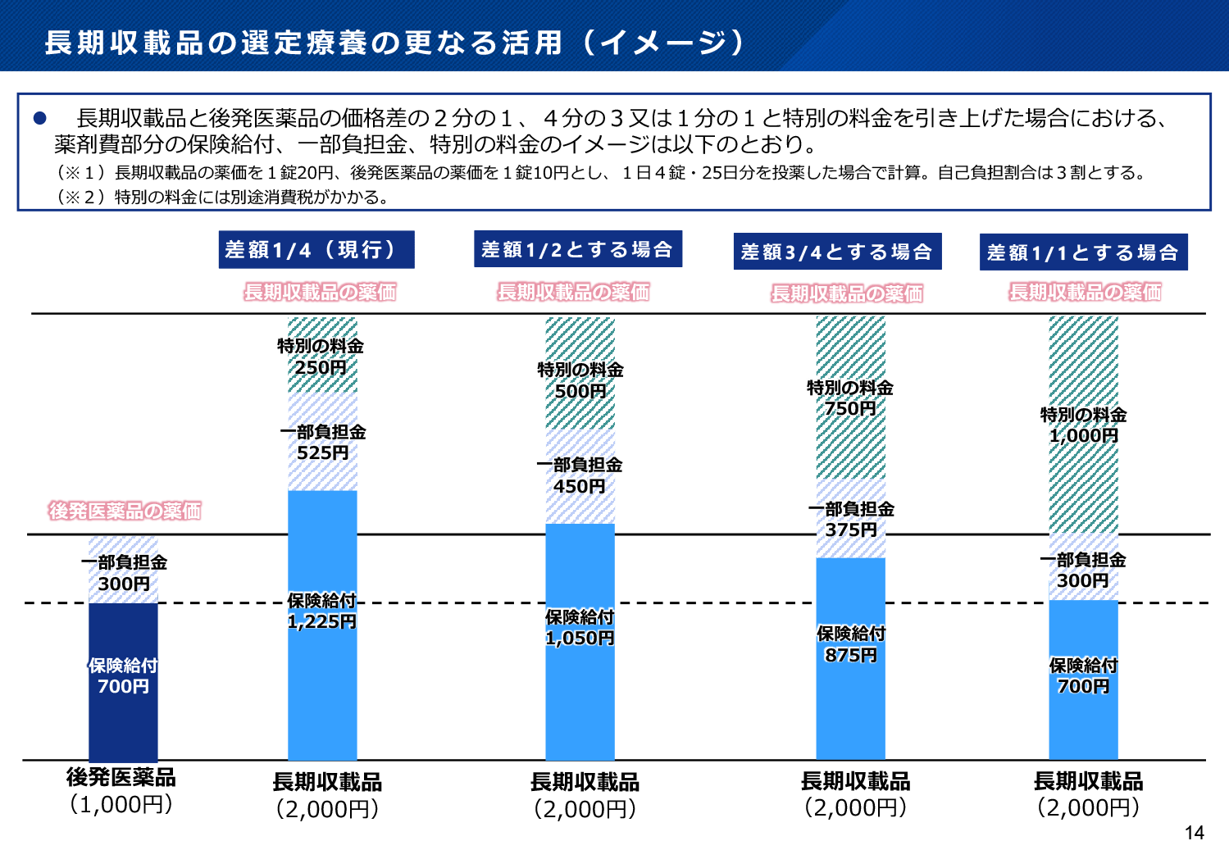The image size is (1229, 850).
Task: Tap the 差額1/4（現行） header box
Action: point(316,249)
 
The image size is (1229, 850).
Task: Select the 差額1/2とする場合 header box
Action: point(577,249)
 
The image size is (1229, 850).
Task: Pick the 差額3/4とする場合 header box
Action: point(836,252)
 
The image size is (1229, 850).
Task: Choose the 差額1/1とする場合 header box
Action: point(1083,252)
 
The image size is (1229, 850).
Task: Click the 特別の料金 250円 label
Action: point(321,357)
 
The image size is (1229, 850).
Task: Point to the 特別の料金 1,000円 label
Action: point(1083,425)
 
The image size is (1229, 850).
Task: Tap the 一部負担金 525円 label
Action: point(322,442)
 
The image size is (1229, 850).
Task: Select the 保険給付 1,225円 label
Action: point(321,611)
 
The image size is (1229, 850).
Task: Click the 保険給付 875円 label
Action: point(851,644)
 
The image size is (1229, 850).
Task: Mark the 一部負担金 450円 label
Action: point(579,475)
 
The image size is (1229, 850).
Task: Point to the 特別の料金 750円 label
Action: point(850,398)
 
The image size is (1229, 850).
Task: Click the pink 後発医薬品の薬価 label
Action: point(125,511)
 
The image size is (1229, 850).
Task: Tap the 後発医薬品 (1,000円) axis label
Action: point(121,790)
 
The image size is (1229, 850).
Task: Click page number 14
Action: point(1194,833)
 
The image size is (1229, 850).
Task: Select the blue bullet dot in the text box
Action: point(39,118)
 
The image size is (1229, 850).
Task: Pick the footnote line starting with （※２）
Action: point(221,197)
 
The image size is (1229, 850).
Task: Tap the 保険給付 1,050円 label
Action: point(580,627)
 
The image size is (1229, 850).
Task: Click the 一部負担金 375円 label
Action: point(851,519)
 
